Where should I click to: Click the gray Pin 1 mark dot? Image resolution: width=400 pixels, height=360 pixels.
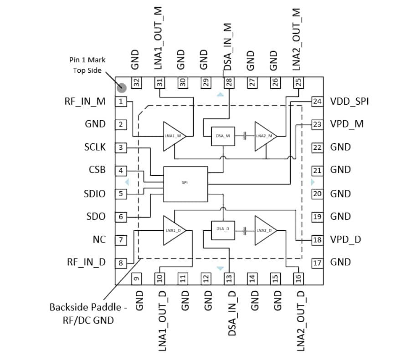(x=121, y=87)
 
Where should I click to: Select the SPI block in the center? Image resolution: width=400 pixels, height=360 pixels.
(x=185, y=184)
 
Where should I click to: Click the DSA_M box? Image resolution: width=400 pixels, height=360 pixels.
(x=223, y=136)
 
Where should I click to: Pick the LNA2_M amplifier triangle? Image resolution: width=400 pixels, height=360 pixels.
(x=265, y=136)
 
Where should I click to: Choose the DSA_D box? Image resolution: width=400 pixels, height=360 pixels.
(x=223, y=230)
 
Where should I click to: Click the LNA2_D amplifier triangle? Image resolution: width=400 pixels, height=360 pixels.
(x=265, y=230)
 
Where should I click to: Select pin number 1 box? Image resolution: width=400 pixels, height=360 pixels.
(x=121, y=101)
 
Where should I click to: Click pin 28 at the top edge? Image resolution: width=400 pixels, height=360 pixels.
(x=228, y=83)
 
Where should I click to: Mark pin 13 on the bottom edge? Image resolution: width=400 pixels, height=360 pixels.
(x=228, y=278)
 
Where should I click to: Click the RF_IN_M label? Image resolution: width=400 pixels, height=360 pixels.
(x=86, y=101)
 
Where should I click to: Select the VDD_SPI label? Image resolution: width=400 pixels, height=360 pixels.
(x=349, y=101)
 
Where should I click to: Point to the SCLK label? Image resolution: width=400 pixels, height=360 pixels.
(x=95, y=147)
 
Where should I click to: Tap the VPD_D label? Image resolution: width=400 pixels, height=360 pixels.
(x=346, y=239)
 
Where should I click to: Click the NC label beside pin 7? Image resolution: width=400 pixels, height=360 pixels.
(x=99, y=239)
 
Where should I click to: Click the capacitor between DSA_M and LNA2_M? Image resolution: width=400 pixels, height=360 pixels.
(x=245, y=136)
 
